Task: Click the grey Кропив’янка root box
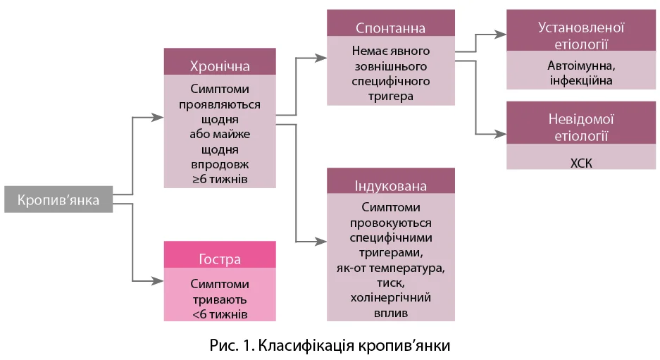coord(58,199)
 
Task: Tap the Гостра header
coord(220,259)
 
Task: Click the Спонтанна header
coord(390,28)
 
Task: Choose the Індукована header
coord(390,187)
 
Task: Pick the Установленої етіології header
coord(581,35)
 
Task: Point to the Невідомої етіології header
coord(581,127)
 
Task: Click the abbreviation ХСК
coord(581,163)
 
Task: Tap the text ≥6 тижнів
coord(220,179)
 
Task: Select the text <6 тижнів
coord(220,312)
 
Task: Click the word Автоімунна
coord(581,66)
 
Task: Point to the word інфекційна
coord(581,80)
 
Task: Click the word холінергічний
coord(390,297)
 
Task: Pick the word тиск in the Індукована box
coord(390,283)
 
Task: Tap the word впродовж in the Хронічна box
coord(220,164)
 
